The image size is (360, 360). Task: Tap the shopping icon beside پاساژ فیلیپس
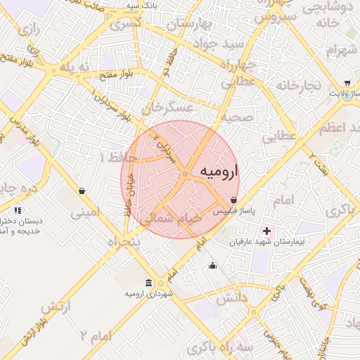tap(233, 200)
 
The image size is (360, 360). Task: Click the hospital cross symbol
tap(266, 231)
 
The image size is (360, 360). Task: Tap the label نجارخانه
tap(298, 85)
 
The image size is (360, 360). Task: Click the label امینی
tap(86, 210)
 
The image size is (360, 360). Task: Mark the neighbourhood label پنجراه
tap(124, 241)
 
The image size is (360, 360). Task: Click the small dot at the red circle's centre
tap(185, 174)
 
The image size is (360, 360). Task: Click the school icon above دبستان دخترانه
tap(18, 210)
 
